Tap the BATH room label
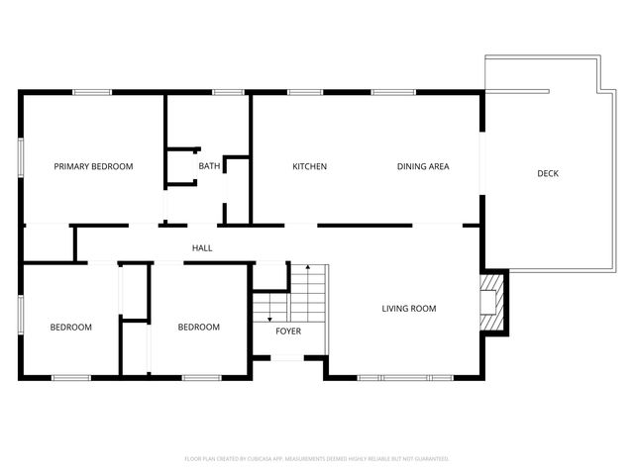(x=209, y=166)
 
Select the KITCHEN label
(x=309, y=166)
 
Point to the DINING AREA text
(x=423, y=166)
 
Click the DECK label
(x=548, y=173)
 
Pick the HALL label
(x=202, y=248)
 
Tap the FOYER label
(x=288, y=331)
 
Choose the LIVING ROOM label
(x=409, y=309)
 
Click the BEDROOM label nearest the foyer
(x=198, y=327)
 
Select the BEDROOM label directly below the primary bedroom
(x=71, y=327)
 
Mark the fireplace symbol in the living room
(x=492, y=301)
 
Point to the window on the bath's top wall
(x=229, y=93)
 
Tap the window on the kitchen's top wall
(x=302, y=93)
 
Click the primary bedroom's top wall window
(x=91, y=93)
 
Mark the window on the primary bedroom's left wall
(x=21, y=158)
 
